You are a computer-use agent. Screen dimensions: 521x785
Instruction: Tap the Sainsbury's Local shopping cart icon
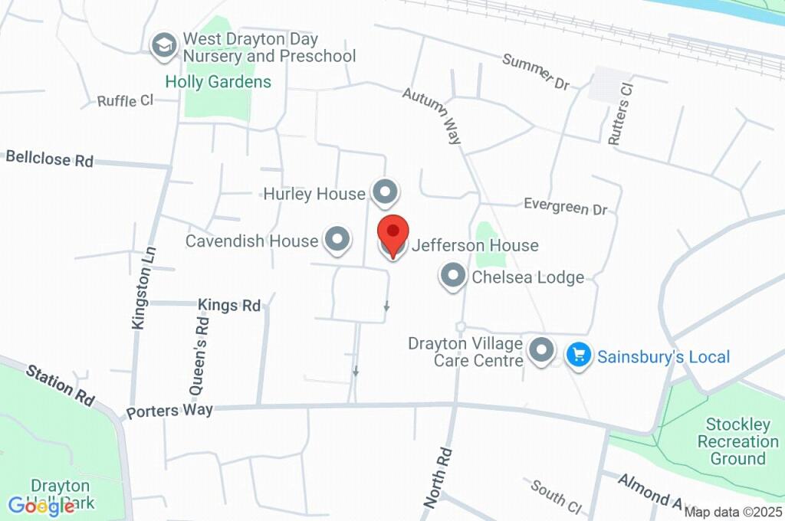(579, 355)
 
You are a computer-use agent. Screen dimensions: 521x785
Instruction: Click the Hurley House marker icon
(385, 192)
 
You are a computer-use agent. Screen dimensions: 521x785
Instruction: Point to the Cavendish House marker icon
(337, 240)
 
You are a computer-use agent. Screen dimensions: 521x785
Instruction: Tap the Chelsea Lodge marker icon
(453, 276)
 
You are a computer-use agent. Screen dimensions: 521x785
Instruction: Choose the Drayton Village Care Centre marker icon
(543, 351)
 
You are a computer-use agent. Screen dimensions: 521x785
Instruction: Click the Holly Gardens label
(218, 82)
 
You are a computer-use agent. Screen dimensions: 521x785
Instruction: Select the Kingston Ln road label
(143, 287)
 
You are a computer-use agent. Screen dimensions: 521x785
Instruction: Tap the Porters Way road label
(169, 411)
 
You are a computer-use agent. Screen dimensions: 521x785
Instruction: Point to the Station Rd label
(60, 385)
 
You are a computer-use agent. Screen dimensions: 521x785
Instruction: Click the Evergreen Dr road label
(565, 206)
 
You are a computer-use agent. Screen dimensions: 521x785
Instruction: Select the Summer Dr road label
(536, 71)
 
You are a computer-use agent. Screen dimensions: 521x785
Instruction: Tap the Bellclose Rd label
(49, 159)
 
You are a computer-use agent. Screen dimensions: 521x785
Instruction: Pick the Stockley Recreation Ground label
(737, 441)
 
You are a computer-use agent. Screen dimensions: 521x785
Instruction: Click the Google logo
(41, 506)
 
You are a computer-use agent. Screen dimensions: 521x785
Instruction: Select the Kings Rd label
(229, 305)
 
